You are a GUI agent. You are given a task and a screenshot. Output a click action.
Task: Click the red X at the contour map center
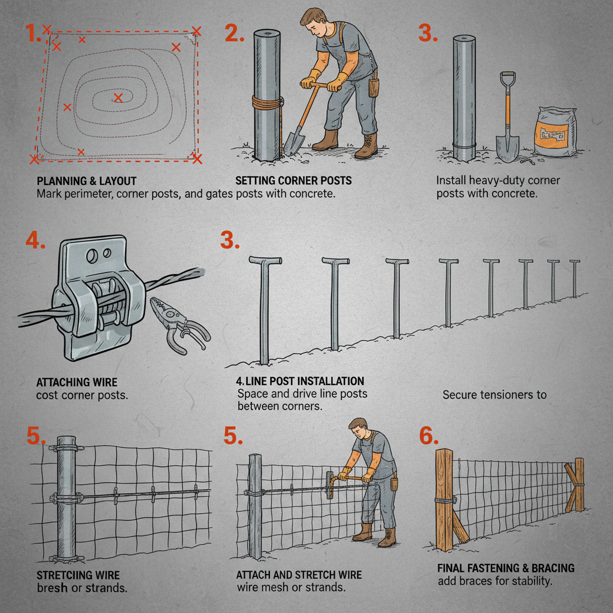(119, 98)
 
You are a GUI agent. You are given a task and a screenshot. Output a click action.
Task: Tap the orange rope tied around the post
(266, 102)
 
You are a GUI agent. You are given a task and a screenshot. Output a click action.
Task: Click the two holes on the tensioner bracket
(99, 255)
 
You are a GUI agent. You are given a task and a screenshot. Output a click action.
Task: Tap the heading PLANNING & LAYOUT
(87, 181)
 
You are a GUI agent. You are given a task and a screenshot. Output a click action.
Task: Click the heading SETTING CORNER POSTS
(293, 181)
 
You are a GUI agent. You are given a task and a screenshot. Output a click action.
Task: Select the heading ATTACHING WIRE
(77, 382)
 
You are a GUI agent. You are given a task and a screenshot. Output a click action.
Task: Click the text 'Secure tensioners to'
(494, 395)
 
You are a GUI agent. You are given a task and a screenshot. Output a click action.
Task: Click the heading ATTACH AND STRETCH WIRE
(299, 575)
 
